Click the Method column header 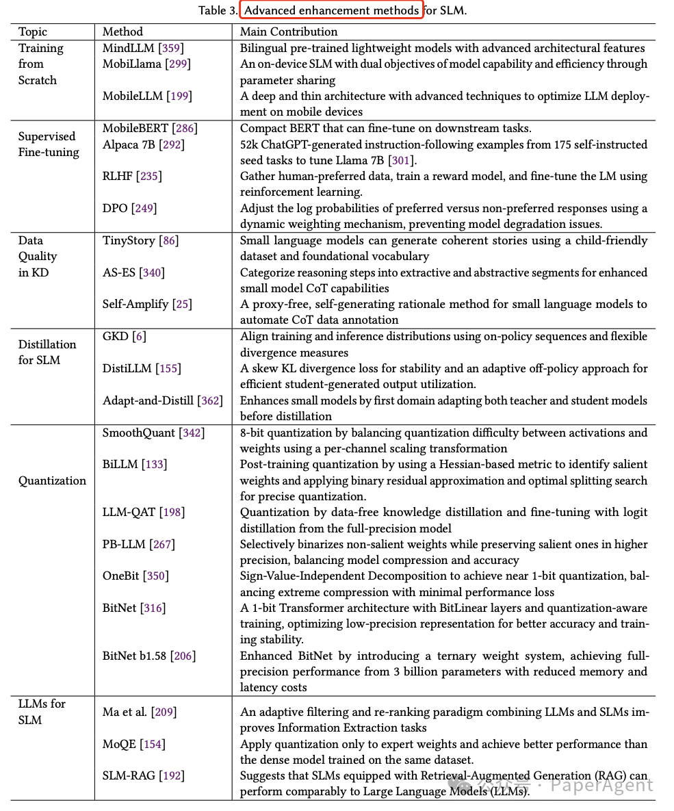pyautogui.click(x=122, y=31)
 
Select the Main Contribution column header pyautogui.click(x=288, y=31)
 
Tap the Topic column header pyautogui.click(x=33, y=31)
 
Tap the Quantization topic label pyautogui.click(x=52, y=480)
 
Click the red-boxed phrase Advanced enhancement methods pyautogui.click(x=332, y=10)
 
